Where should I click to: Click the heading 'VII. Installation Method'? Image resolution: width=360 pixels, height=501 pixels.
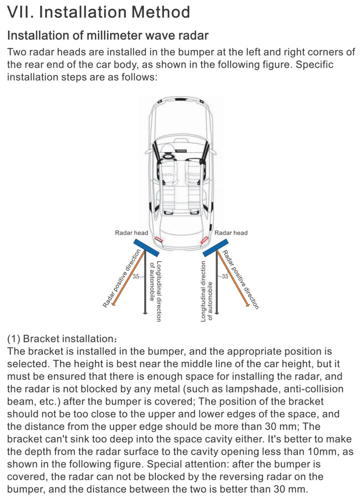pyautogui.click(x=98, y=12)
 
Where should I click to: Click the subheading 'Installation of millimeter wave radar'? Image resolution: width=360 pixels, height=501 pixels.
pyautogui.click(x=108, y=36)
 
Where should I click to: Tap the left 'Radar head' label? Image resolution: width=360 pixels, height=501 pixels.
pyautogui.click(x=131, y=233)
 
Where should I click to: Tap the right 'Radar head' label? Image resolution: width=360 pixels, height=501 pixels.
pyautogui.click(x=231, y=233)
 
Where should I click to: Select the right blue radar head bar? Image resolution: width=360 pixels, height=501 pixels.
pyautogui.click(x=215, y=247)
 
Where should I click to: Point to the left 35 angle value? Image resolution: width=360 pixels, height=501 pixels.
pyautogui.click(x=136, y=276)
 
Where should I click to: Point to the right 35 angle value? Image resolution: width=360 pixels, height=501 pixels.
pyautogui.click(x=225, y=276)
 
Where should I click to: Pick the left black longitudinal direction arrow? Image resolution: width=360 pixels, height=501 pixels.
pyautogui.click(x=145, y=284)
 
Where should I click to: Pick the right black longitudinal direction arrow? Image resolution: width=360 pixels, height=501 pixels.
pyautogui.click(x=217, y=284)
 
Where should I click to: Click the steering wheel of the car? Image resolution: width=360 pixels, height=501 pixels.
pyautogui.click(x=168, y=157)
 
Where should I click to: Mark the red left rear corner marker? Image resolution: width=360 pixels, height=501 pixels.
pyautogui.click(x=159, y=239)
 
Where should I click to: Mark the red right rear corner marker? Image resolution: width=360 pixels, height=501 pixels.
pyautogui.click(x=204, y=240)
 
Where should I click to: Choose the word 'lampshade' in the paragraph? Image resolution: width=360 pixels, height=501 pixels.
pyautogui.click(x=253, y=389)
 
